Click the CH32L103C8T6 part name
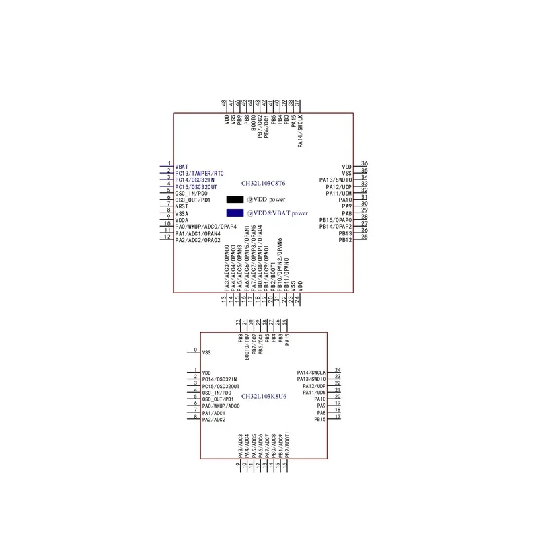264,183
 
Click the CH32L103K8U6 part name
264,397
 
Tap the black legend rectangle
235,200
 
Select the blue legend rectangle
235,213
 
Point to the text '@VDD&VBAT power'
277,213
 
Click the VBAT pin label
182,166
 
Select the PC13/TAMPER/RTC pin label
199,173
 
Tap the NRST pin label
182,206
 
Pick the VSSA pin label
182,213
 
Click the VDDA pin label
182,220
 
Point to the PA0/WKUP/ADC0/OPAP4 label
205,227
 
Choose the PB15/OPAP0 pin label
336,220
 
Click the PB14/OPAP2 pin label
336,227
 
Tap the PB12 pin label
345,240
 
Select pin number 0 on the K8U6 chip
196,350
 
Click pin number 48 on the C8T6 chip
224,103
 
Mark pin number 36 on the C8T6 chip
364,163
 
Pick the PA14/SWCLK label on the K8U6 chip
311,373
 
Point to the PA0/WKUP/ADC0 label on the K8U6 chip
221,406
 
